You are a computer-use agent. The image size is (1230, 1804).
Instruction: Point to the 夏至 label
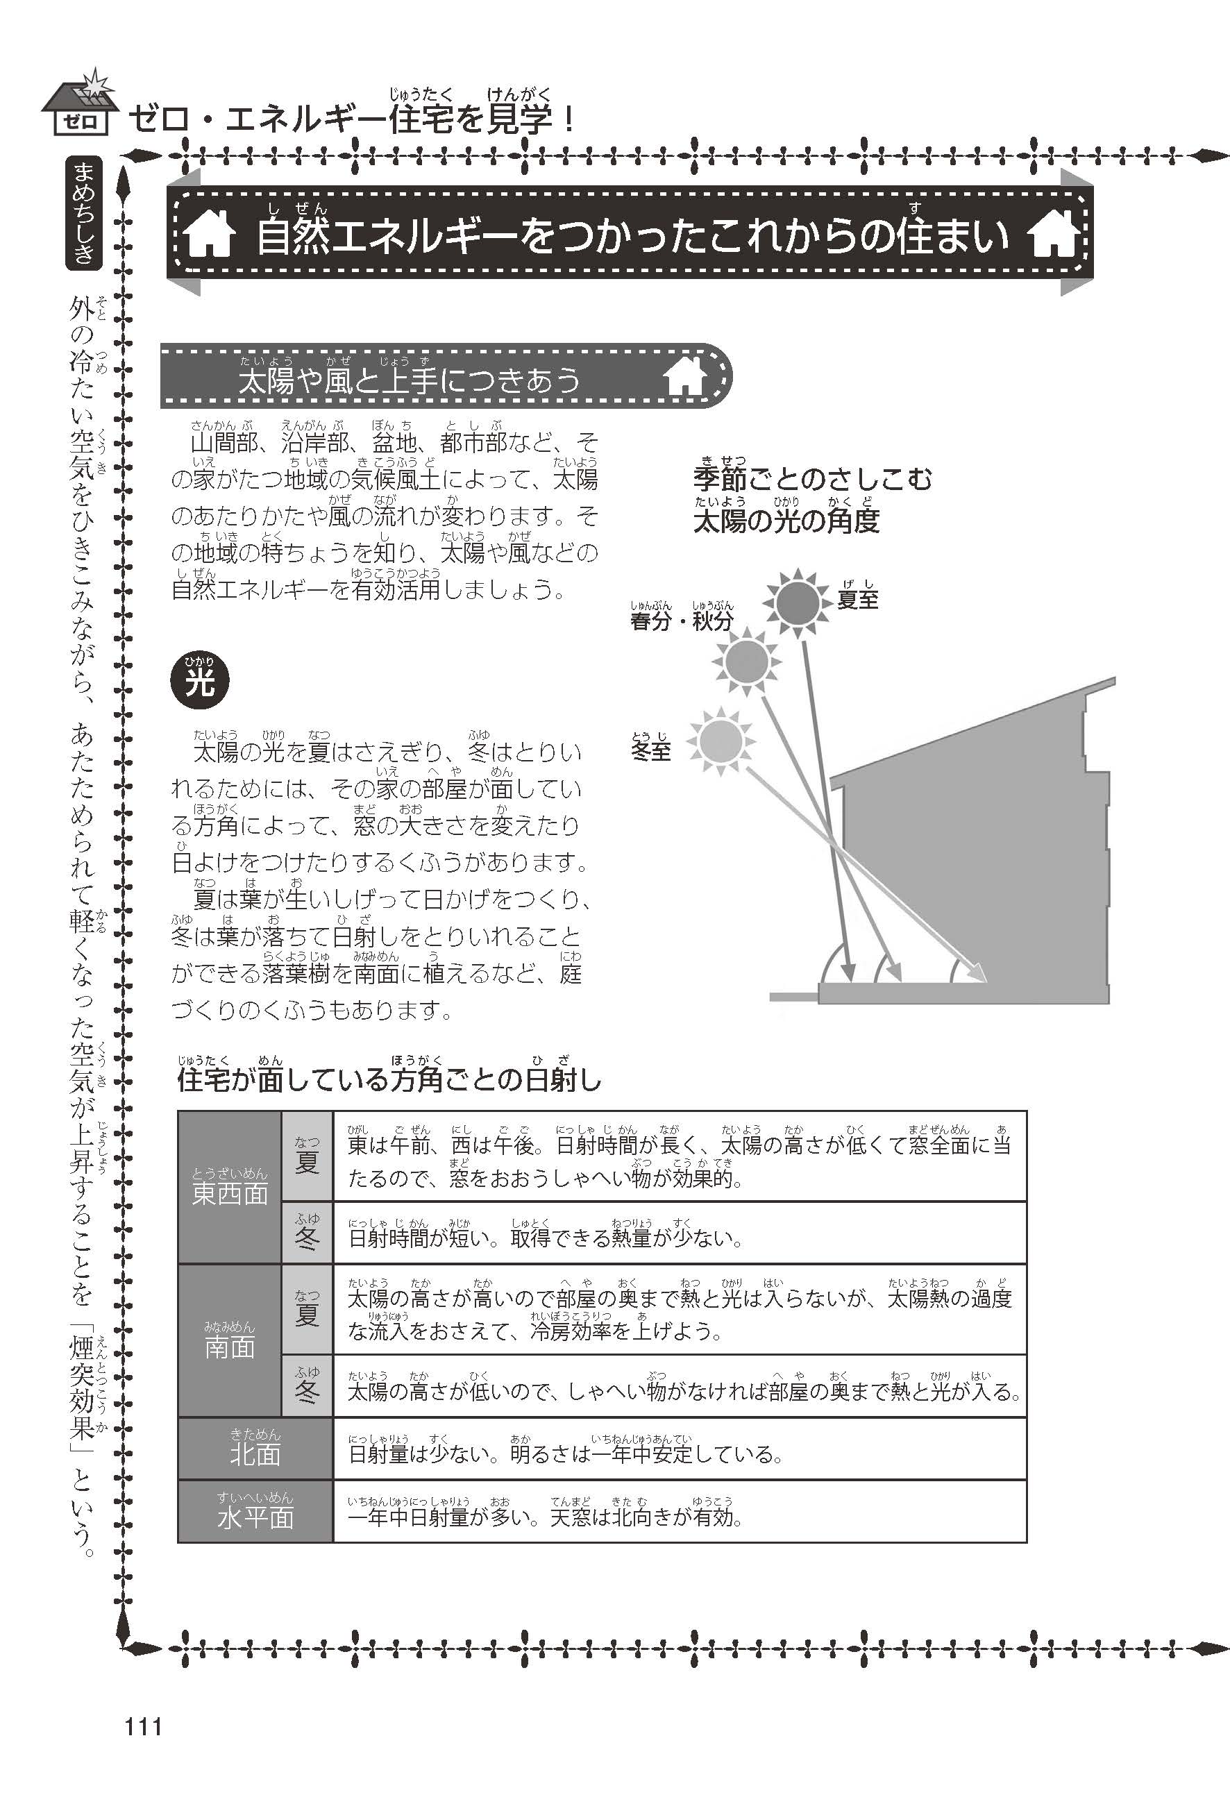pos(857,598)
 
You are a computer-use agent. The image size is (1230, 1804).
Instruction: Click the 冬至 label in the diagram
pos(650,750)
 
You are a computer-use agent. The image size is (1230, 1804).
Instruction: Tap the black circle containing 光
pos(199,683)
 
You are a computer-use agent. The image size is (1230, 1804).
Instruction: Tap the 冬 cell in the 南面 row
pos(307,1387)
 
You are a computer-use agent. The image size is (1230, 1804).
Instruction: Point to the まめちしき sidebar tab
pos(84,212)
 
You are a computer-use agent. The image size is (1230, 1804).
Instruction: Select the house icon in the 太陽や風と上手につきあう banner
pos(685,378)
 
